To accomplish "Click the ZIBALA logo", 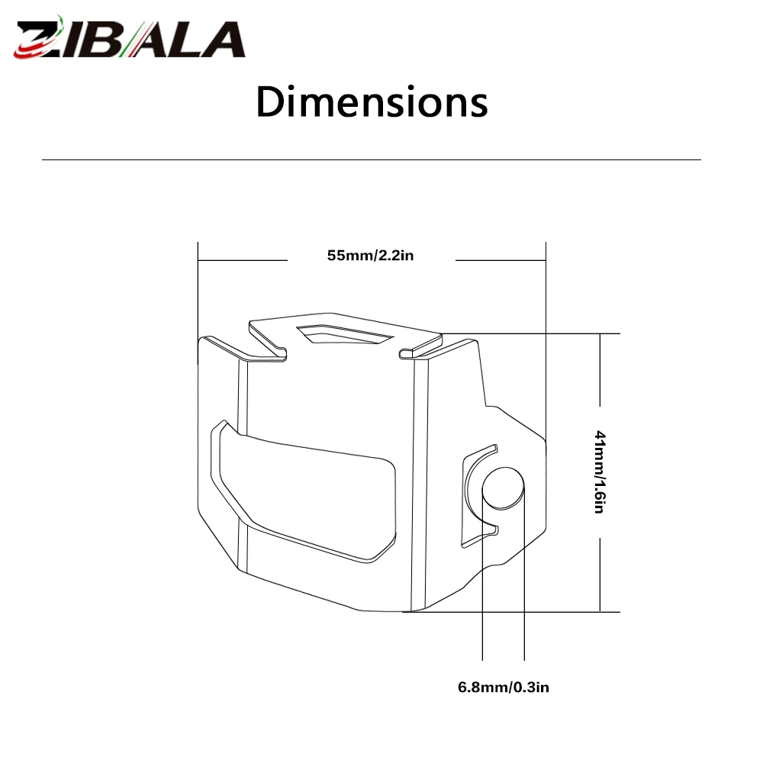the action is (130, 37).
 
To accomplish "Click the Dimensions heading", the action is (372, 101).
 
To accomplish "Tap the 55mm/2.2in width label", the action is (370, 256).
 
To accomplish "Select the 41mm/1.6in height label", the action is (600, 472).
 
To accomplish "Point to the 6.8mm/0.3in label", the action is (503, 687).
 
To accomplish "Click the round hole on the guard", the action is (503, 488).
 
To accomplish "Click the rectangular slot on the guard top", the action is (344, 334).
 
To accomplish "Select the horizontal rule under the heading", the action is (372, 159).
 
